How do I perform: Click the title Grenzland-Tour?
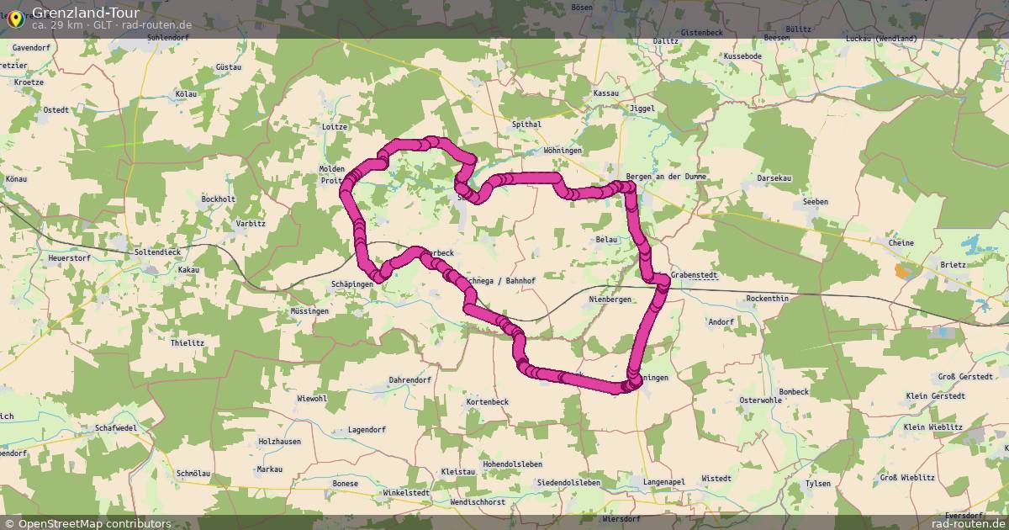86,13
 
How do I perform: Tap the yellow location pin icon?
14,17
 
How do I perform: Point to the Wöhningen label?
563,151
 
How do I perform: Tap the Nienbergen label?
610,299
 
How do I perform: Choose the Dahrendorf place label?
409,380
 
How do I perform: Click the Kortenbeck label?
488,402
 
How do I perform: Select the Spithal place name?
526,125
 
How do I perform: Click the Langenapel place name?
664,481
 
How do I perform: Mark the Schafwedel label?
116,427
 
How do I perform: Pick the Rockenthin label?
768,299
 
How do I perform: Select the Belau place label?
606,240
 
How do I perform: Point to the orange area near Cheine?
903,271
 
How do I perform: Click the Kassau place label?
605,93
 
